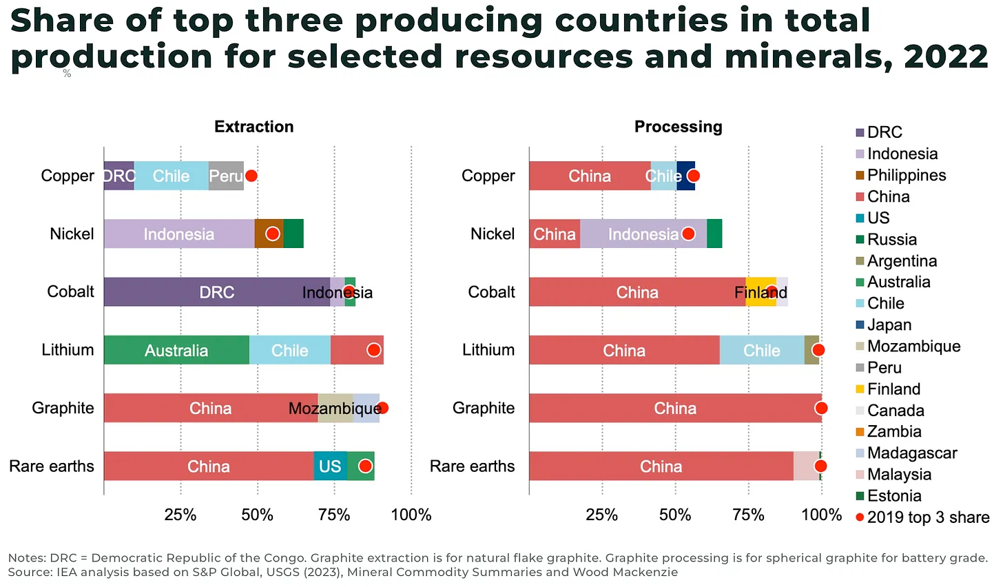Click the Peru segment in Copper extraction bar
226,176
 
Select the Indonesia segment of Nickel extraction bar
178,234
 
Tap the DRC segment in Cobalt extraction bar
216,292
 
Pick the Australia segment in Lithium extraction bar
176,351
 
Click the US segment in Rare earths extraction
330,466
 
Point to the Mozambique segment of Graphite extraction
335,409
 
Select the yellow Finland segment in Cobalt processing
761,292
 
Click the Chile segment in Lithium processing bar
761,351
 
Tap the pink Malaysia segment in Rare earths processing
806,466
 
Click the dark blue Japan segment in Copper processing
685,176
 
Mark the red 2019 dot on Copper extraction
251,176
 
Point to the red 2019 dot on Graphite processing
821,409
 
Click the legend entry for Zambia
893,432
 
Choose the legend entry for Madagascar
911,453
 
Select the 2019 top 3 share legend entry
927,517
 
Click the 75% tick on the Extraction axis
334,515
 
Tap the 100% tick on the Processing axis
821,515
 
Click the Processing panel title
678,127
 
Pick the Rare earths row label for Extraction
52,466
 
